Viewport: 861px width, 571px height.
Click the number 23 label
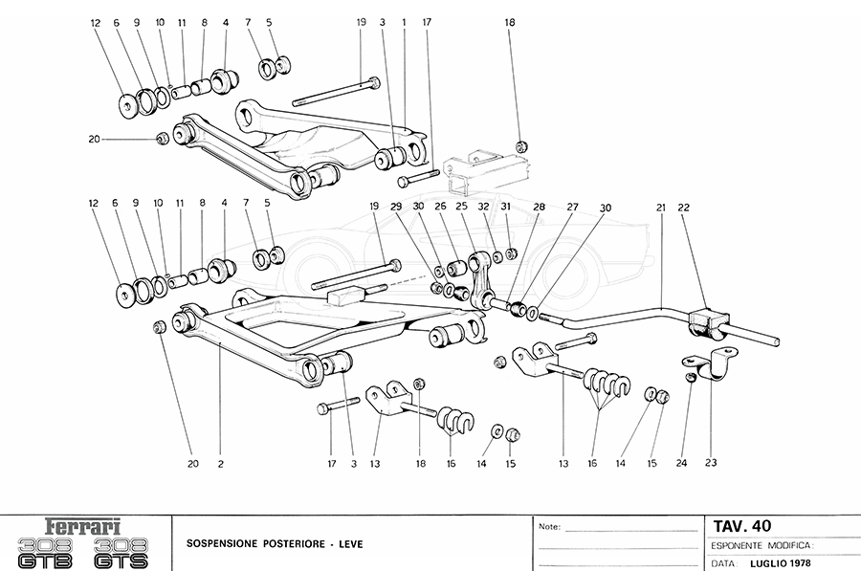(x=710, y=464)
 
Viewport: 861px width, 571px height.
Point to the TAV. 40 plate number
(x=742, y=525)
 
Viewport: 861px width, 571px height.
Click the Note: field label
(x=549, y=527)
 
